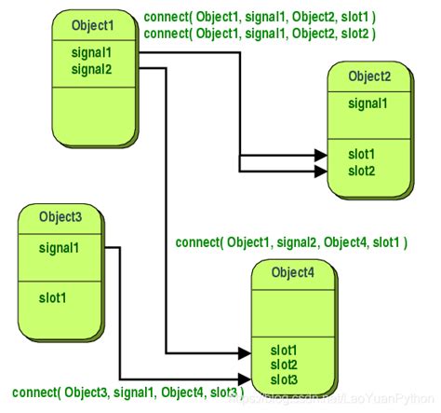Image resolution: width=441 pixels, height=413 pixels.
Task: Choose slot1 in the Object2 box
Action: tap(362, 155)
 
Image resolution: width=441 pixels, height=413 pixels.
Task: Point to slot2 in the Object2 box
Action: tap(362, 171)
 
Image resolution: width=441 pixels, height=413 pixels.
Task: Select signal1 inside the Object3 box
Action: tap(60, 248)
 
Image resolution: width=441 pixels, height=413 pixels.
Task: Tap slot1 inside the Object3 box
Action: tap(54, 299)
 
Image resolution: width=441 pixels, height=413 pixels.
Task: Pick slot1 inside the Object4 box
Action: tap(285, 350)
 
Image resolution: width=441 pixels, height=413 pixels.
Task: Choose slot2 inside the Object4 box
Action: tap(285, 364)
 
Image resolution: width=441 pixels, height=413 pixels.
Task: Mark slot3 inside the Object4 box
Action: tap(285, 379)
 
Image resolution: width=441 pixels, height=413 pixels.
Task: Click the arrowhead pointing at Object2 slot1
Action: tap(320, 154)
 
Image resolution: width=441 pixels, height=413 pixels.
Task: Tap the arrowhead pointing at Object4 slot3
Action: tap(244, 379)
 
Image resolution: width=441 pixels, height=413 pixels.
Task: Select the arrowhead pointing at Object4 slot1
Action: tap(244, 352)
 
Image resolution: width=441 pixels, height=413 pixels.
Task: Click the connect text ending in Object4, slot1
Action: tap(291, 242)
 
